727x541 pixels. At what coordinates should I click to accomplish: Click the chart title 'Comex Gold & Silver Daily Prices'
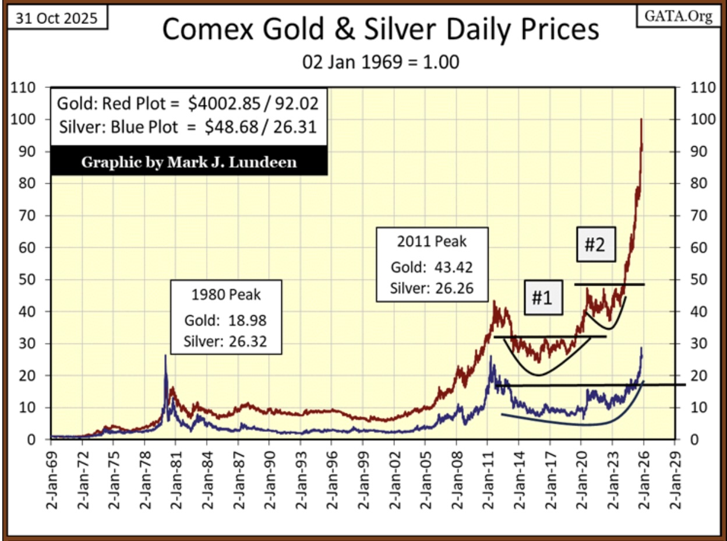point(380,30)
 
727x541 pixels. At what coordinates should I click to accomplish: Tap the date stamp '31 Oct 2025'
point(57,17)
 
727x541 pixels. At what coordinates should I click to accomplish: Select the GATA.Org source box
point(677,16)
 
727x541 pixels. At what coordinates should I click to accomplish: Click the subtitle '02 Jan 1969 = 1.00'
point(380,62)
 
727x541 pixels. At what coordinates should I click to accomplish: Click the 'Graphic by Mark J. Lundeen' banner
point(189,161)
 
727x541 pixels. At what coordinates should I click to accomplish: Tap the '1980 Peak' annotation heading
point(226,294)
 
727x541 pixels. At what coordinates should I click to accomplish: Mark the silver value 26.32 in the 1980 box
point(246,340)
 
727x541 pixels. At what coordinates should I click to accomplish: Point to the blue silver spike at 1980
point(165,357)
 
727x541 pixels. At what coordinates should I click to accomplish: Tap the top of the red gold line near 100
point(641,120)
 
